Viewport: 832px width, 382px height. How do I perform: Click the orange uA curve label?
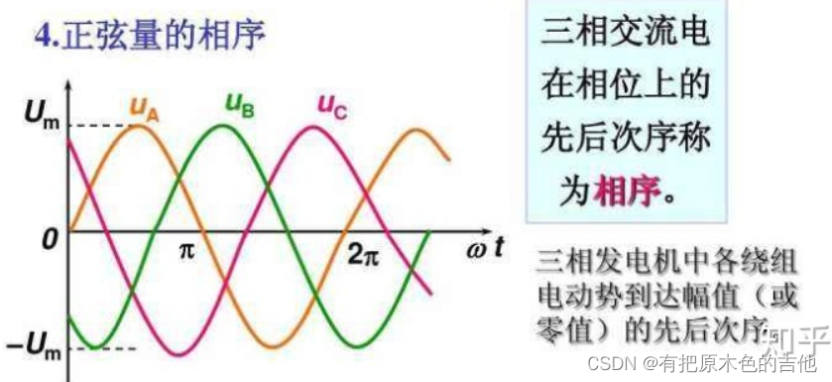[x=144, y=107]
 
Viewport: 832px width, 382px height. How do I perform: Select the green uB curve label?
[x=240, y=103]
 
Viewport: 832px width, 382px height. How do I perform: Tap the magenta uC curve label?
[x=332, y=104]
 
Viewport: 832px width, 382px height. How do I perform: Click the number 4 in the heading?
[x=43, y=38]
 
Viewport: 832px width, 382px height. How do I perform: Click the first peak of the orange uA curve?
[x=141, y=125]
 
